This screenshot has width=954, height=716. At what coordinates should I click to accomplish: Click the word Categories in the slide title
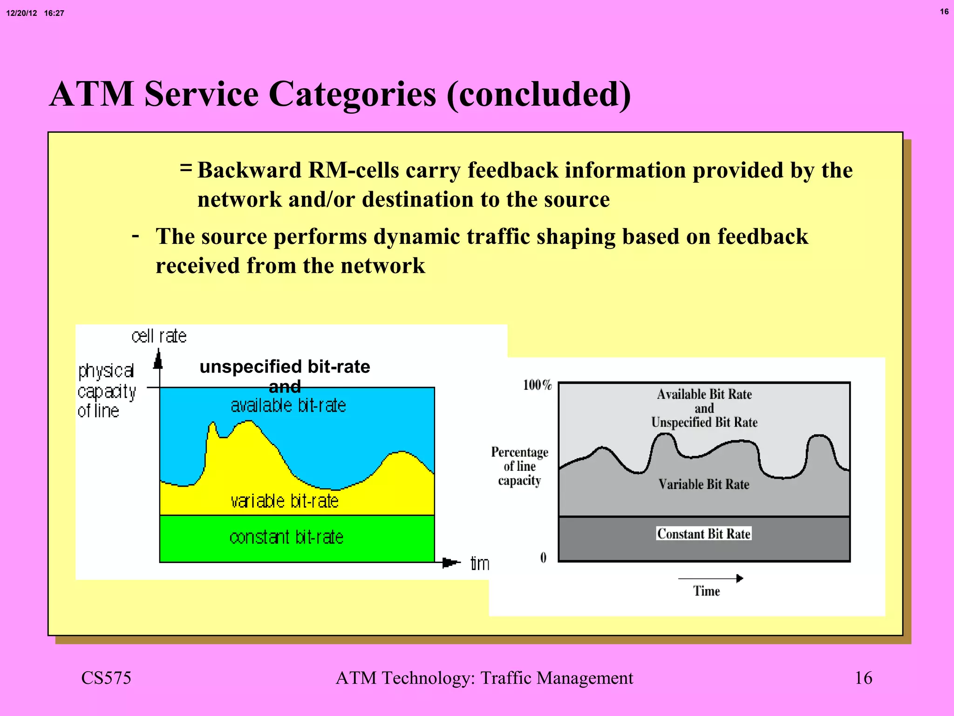(353, 95)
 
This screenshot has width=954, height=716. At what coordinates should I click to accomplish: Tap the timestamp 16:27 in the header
(54, 13)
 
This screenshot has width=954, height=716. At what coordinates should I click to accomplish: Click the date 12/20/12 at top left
(21, 13)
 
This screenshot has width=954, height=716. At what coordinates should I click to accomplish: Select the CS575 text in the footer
(106, 678)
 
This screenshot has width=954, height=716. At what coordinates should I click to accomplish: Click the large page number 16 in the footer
(863, 678)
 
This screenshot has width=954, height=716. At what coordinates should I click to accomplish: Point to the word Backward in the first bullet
(249, 170)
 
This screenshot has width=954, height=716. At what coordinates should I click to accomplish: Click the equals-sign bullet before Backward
(186, 167)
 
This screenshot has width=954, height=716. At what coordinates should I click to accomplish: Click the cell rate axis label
(159, 336)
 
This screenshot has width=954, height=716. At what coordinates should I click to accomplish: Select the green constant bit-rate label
(286, 537)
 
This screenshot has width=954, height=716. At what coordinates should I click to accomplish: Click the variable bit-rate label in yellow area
(285, 501)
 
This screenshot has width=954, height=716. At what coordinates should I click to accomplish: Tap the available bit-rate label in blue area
(288, 406)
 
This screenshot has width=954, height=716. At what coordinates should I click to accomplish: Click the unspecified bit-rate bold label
(285, 366)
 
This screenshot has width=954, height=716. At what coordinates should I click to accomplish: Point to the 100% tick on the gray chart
(537, 385)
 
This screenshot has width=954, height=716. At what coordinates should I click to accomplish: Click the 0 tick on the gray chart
(543, 558)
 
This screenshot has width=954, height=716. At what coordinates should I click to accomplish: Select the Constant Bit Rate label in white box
(704, 534)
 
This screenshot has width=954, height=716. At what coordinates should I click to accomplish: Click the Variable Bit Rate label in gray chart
(704, 484)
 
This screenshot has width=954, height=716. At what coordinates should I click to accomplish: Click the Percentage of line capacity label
(519, 466)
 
